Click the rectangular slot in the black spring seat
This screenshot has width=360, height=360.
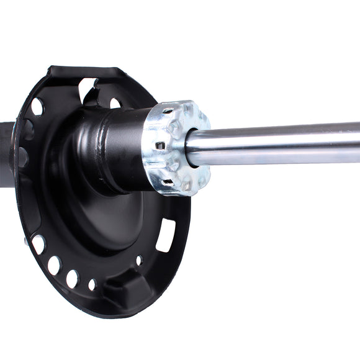point(165,235)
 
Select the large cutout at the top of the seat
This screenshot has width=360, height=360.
point(87,89)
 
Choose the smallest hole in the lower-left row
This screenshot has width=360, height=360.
point(92,285)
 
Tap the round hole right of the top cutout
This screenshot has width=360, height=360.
point(115,103)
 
